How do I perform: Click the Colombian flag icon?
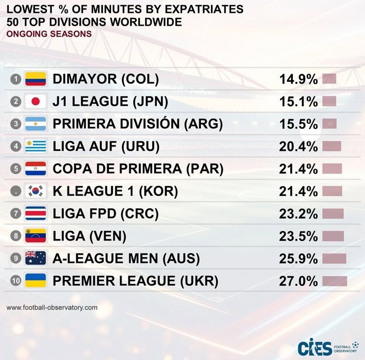(x=35, y=79)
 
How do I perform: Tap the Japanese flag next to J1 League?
(x=35, y=102)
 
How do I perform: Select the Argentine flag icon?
(x=35, y=124)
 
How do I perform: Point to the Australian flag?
(x=35, y=258)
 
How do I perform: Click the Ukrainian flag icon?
(x=35, y=281)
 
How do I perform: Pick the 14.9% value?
(x=298, y=79)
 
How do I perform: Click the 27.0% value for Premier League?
(x=298, y=281)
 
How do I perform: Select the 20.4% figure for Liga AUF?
(x=298, y=146)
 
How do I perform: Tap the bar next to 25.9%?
(x=334, y=258)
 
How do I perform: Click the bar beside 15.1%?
(x=329, y=102)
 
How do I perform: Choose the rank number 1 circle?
(x=16, y=79)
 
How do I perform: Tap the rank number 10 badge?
(x=16, y=281)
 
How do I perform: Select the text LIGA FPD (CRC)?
(x=105, y=214)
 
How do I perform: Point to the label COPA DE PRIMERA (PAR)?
(x=138, y=169)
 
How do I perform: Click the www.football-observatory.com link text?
(x=52, y=308)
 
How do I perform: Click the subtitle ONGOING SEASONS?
(x=49, y=34)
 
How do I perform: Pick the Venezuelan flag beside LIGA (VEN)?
(x=35, y=236)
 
